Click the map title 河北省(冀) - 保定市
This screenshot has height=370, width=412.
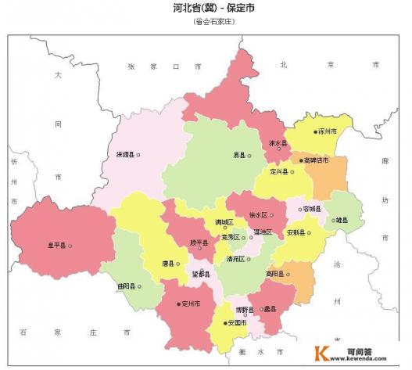point(213,9)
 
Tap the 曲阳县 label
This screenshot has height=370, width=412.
point(127,286)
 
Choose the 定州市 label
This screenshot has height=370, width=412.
point(192,303)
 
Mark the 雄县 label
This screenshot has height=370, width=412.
point(342,221)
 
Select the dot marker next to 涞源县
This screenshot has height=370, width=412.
point(139,154)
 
